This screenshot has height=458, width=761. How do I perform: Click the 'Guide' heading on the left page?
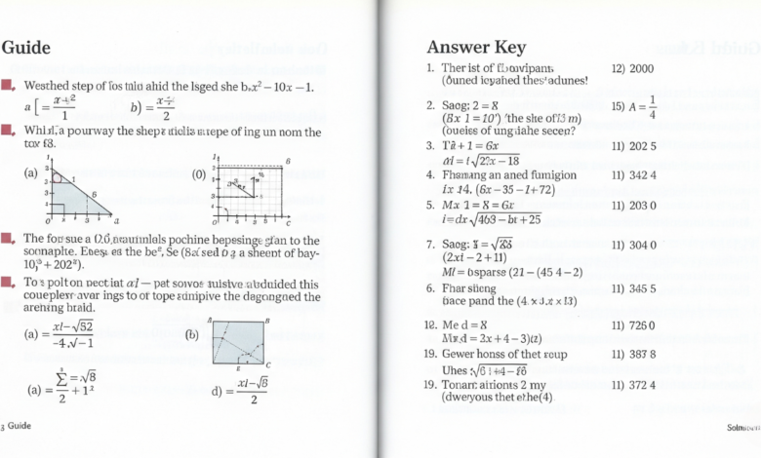(26, 47)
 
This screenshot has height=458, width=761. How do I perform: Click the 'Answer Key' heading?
(476, 47)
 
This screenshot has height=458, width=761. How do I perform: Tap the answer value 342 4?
(633, 175)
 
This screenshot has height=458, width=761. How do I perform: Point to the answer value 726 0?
(633, 325)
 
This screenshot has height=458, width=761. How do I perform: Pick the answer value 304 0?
(633, 246)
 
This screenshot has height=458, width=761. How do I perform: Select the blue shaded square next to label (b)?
(238, 342)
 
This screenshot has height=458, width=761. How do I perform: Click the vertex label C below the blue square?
(268, 364)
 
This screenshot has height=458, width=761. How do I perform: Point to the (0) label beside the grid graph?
(199, 175)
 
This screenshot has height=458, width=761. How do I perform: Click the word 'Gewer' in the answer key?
(461, 354)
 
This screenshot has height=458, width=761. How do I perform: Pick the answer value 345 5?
(633, 289)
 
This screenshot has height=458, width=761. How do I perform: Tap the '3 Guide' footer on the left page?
(17, 426)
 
